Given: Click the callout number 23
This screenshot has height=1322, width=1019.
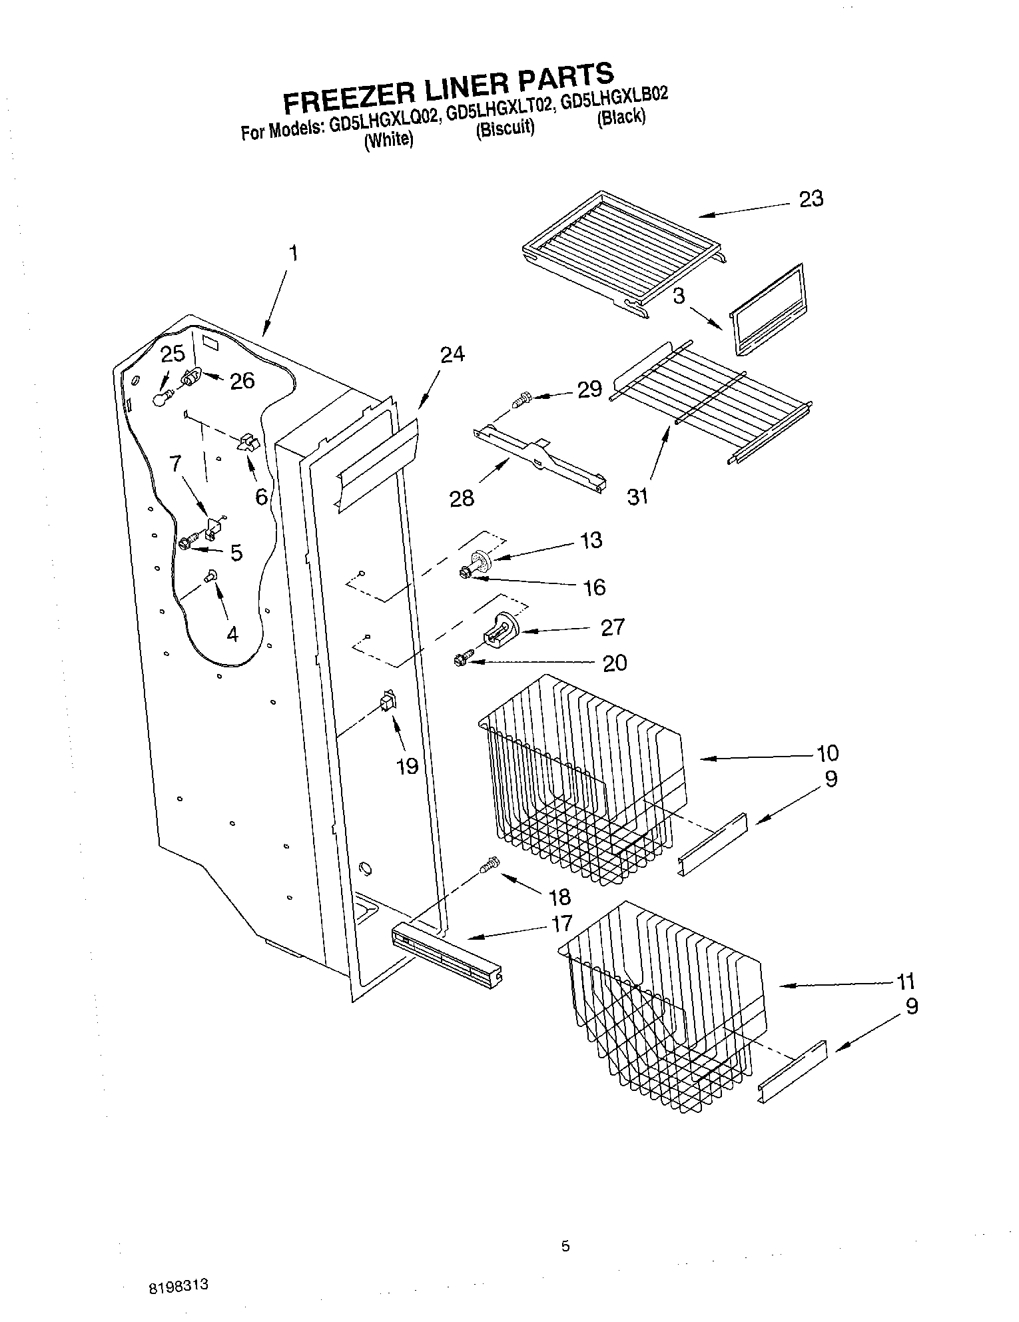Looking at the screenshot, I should [x=811, y=198].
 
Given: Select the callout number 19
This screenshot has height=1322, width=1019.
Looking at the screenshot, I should [x=407, y=766].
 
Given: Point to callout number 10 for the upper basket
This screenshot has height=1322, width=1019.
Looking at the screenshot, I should [x=828, y=753].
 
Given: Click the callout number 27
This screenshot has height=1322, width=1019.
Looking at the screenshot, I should [x=612, y=627].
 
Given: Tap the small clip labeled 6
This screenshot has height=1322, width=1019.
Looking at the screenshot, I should [x=249, y=442].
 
